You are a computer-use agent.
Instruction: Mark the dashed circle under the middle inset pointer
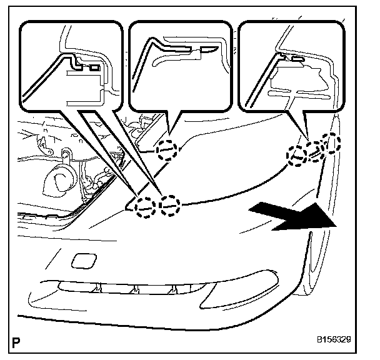pos(167,150)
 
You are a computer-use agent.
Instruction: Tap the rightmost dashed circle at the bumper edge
pos(331,143)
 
